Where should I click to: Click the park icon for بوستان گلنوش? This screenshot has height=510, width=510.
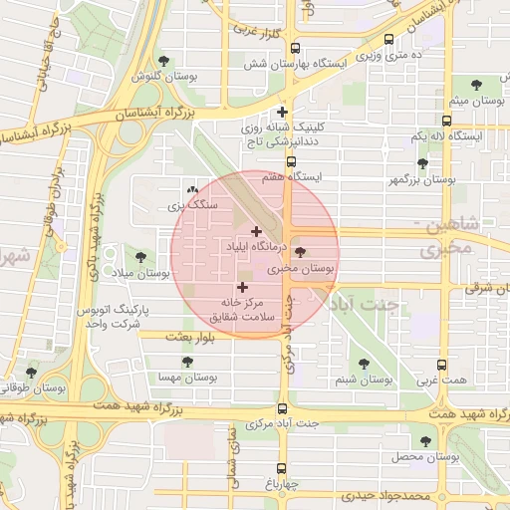coord(177,60)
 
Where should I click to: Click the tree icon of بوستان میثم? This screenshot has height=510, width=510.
coord(466,87)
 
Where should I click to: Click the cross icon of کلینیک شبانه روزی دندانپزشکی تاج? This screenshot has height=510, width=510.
coord(283,113)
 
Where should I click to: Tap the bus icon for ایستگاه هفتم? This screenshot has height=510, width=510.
coord(292,161)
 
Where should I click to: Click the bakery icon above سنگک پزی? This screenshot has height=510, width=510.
coord(192,189)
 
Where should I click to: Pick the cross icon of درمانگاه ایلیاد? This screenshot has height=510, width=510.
coord(256,231)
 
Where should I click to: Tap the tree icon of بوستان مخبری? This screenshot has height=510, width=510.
coord(302,253)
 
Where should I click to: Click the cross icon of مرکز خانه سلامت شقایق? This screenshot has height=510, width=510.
coord(242,287)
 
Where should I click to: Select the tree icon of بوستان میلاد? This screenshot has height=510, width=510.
coord(140,257)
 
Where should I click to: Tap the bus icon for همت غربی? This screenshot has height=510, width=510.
coord(442,365)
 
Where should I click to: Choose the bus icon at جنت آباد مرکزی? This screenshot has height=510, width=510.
coord(283,408)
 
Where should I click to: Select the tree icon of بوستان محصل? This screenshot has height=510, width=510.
coord(426,440)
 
